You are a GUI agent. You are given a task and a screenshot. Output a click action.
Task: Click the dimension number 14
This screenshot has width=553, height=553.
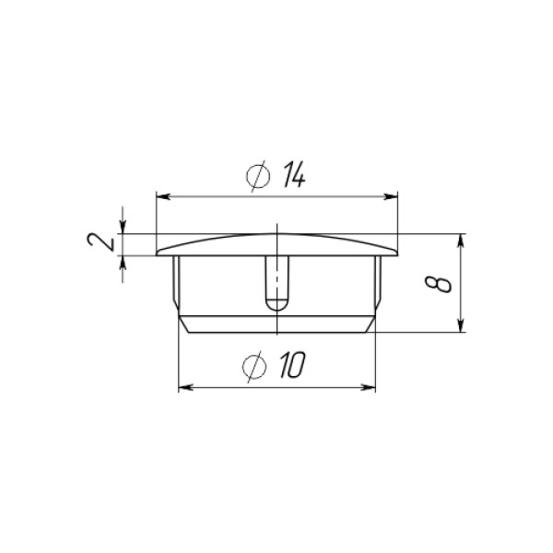coord(294,174)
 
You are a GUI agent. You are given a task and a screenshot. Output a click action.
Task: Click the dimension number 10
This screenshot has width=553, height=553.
coord(292,365)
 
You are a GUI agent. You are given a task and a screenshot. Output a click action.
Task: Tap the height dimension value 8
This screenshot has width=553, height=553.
coord(439,285)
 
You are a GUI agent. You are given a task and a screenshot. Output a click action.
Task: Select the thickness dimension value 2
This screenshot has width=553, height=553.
coord(100,242)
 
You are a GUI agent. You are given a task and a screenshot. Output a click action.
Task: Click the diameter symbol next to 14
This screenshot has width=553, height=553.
coord(258,176)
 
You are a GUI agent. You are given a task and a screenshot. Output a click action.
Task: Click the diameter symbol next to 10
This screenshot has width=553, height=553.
coord(254,367)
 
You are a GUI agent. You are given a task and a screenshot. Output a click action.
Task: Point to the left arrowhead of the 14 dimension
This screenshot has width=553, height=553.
coord(163,197)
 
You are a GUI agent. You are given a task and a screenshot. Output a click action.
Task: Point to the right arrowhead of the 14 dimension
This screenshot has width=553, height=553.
coord(391,197)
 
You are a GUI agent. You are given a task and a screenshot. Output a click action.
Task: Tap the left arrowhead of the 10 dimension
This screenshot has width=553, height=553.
coord(186,388)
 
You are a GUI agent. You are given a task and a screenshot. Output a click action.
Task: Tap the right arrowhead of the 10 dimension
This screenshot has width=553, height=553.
coord(368,388)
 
